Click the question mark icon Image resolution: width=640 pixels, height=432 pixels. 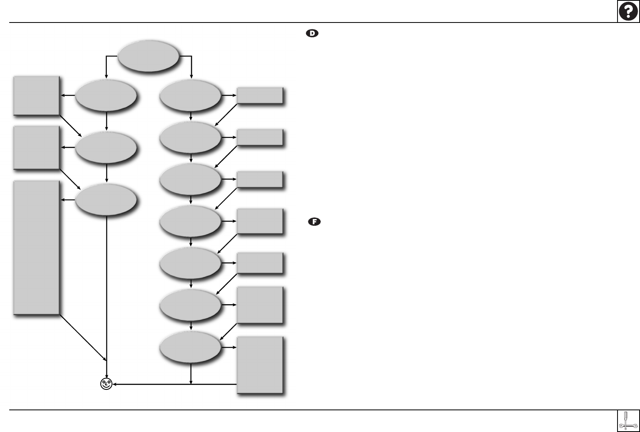(x=628, y=11)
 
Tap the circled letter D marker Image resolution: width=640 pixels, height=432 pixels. (x=312, y=34)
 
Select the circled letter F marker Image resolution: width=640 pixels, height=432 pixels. (x=314, y=221)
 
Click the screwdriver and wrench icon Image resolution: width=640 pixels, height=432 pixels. (x=628, y=421)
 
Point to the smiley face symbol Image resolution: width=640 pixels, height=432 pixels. (x=106, y=384)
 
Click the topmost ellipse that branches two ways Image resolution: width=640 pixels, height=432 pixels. (x=148, y=56)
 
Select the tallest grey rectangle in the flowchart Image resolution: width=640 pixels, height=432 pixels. (x=37, y=247)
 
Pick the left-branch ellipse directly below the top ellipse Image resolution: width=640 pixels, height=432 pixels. (x=106, y=95)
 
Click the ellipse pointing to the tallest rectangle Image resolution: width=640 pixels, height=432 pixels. (x=106, y=200)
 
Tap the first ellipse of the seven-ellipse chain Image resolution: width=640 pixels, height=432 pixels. (x=190, y=95)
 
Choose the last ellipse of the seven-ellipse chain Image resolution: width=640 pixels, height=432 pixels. (x=190, y=347)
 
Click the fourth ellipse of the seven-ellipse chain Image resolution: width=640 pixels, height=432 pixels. (x=190, y=221)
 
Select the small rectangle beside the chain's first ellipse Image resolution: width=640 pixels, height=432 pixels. (x=260, y=96)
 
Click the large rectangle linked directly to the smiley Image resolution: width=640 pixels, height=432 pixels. (x=260, y=364)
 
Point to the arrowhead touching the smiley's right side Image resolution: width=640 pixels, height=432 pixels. (x=115, y=384)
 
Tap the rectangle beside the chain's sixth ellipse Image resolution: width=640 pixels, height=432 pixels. (x=260, y=305)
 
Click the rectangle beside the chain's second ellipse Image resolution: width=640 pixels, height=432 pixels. (x=260, y=137)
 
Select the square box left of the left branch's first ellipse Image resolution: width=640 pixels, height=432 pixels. (x=37, y=95)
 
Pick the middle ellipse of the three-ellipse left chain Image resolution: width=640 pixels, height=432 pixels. (x=106, y=147)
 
